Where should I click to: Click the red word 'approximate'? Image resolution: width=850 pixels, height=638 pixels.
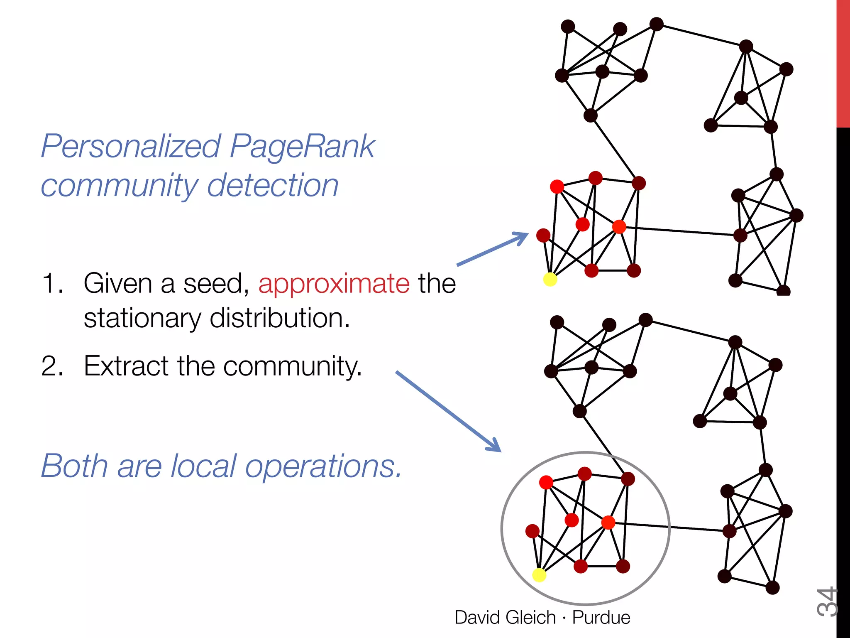pyautogui.click(x=334, y=284)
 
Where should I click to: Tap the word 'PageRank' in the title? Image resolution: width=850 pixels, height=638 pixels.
pyautogui.click(x=302, y=146)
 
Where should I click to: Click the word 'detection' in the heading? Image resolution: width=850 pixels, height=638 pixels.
pyautogui.click(x=273, y=185)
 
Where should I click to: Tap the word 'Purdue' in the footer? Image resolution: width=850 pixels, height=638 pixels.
pyautogui.click(x=601, y=618)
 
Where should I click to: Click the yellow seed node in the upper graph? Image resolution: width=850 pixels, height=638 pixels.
pyautogui.click(x=550, y=280)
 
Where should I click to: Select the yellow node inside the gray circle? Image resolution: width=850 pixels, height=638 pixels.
pyautogui.click(x=539, y=575)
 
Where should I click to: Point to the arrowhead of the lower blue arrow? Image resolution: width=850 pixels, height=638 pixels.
pyautogui.click(x=496, y=447)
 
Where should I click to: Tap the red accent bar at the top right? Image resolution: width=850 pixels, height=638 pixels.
pyautogui.click(x=843, y=62)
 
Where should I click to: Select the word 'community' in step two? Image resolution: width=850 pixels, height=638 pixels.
pyautogui.click(x=292, y=367)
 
